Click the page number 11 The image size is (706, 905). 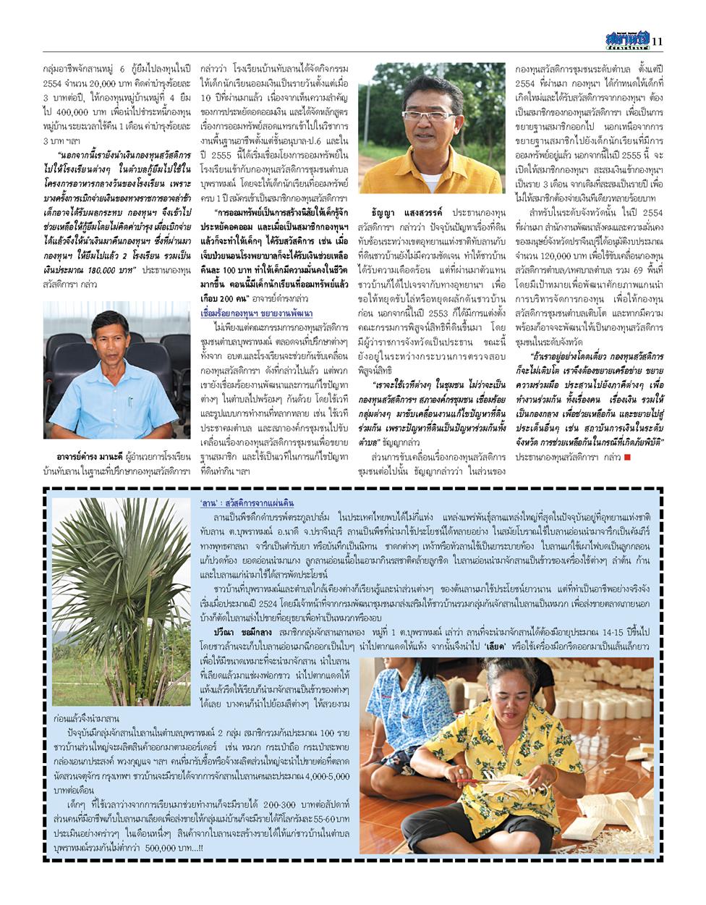point(657,41)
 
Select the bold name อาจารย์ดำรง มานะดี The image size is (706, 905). point(100,456)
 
